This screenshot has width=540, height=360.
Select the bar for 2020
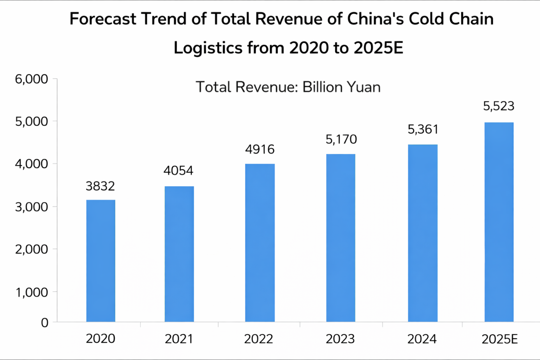click(101, 261)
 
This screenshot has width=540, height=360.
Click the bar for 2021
click(179, 254)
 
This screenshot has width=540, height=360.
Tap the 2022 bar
click(260, 243)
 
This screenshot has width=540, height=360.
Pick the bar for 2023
click(341, 238)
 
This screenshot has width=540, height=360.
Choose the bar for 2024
click(423, 233)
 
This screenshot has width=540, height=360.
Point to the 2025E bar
click(499, 222)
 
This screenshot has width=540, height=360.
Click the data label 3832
click(101, 186)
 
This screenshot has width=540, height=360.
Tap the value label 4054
click(178, 171)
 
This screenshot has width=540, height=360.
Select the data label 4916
click(260, 150)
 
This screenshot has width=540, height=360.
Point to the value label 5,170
click(341, 139)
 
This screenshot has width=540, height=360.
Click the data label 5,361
click(423, 129)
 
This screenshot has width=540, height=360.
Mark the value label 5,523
click(499, 106)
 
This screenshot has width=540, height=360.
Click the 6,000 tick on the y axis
click(32, 79)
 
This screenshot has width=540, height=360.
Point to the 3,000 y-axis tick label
click(32, 207)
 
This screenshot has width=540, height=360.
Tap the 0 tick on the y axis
click(44, 323)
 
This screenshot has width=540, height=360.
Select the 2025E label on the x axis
click(499, 339)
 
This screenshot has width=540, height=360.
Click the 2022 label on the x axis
click(259, 339)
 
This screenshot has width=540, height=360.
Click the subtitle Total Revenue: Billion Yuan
click(288, 87)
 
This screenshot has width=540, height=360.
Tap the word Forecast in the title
click(103, 19)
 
